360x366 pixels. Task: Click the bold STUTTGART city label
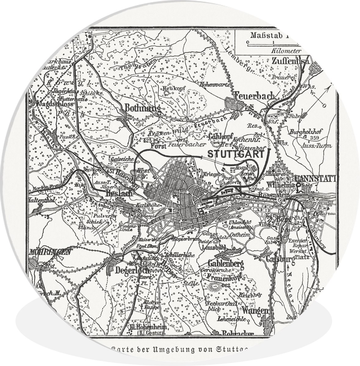235,154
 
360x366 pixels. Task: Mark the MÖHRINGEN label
50,252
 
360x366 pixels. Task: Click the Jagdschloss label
55,104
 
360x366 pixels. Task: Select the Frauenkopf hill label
224,277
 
